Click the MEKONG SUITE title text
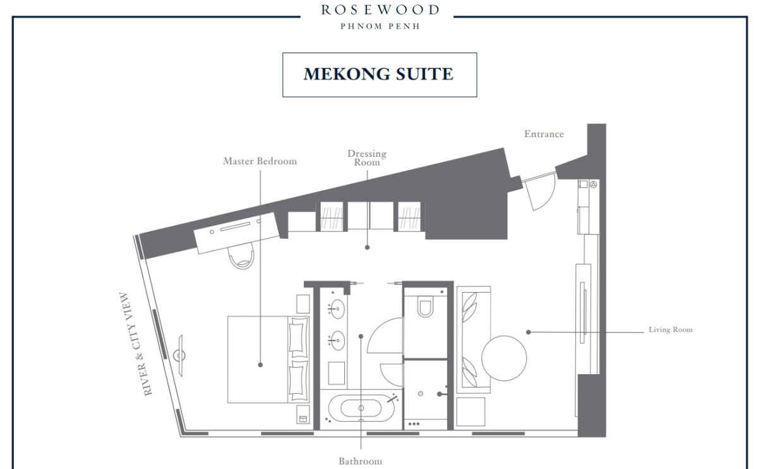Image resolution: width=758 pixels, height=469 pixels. (378, 74)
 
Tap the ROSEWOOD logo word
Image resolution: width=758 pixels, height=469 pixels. (380, 10)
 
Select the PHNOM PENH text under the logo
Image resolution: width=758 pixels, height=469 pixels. (380, 27)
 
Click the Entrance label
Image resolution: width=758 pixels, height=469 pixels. (544, 134)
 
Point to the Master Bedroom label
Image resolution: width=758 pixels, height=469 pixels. (260, 161)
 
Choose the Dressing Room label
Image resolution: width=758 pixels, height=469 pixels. (367, 158)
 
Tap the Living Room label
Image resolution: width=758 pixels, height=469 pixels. (670, 329)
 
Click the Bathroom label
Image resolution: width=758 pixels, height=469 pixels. (361, 461)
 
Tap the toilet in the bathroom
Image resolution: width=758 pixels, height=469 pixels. (425, 306)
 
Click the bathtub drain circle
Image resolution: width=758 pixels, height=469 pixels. (361, 408)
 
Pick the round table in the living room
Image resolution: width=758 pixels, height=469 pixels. (504, 358)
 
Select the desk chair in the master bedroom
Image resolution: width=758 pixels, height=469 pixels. (241, 257)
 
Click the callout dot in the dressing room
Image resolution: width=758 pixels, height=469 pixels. (367, 248)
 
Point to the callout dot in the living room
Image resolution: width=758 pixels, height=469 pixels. (528, 332)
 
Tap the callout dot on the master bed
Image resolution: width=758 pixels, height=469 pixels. (260, 365)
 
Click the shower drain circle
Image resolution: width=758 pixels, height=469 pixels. (420, 394)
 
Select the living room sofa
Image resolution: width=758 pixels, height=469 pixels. (473, 339)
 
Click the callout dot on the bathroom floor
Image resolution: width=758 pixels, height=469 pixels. (361, 336)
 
